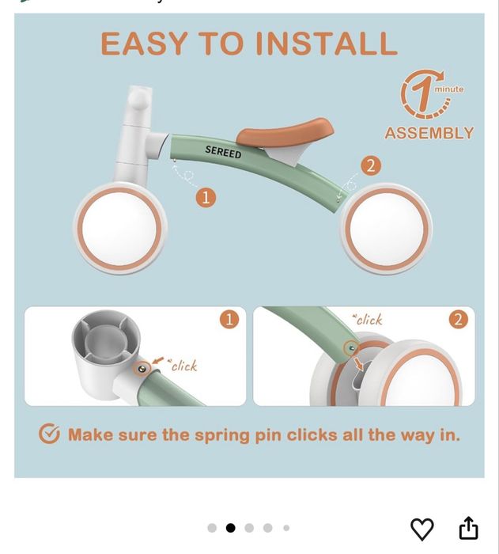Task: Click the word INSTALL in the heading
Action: point(327,43)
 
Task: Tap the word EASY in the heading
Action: point(144,43)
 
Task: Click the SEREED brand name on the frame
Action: point(223,152)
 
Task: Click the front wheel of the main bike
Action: point(120,228)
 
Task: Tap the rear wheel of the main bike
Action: point(386,229)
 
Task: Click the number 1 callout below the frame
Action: point(206,198)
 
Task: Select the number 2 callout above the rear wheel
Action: point(371,165)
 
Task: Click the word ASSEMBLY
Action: point(429,133)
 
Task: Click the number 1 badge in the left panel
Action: point(229,320)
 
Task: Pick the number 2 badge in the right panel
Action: point(459,320)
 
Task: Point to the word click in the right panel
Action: point(369,320)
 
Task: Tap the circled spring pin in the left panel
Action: point(142,369)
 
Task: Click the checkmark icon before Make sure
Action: point(50,434)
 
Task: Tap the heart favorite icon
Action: point(422,529)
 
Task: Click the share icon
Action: point(468,528)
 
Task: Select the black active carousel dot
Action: point(231,528)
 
